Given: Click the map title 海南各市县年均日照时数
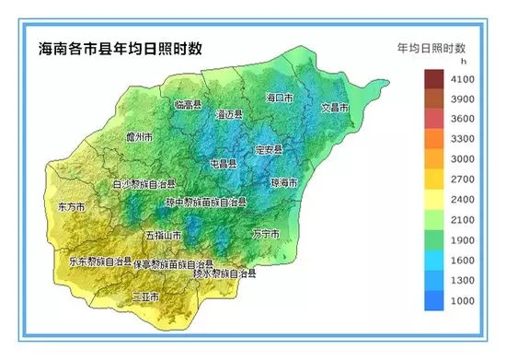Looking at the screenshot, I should [121, 47].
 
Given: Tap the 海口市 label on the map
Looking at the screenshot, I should [279, 97].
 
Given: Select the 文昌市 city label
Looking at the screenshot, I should [334, 108].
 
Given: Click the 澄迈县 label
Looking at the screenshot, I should [228, 114].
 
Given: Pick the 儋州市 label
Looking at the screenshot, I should [139, 137].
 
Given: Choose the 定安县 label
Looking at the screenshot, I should [269, 148].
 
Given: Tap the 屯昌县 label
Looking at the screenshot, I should [225, 163].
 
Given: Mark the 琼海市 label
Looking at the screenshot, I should [285, 182].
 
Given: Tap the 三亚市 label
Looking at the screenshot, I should [145, 296].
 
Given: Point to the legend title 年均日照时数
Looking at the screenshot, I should [431, 46].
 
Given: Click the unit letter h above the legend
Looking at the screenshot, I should [451, 61].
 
